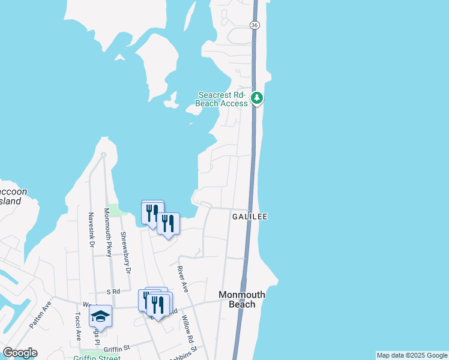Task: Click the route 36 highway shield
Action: [x=255, y=25]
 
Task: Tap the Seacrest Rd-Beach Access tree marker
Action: [x=257, y=97]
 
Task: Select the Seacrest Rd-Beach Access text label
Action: [x=223, y=99]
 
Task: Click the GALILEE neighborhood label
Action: [x=247, y=217]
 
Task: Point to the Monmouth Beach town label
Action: [x=242, y=299]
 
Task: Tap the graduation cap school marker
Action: [x=100, y=316]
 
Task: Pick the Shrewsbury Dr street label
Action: [x=126, y=253]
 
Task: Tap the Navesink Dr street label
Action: [x=91, y=230]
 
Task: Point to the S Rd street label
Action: [x=113, y=292]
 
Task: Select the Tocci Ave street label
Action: [x=78, y=326]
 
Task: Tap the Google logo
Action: [x=20, y=353]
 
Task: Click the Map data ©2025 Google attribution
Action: [x=412, y=355]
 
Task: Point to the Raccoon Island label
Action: [x=12, y=196]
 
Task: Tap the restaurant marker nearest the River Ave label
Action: [x=168, y=224]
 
